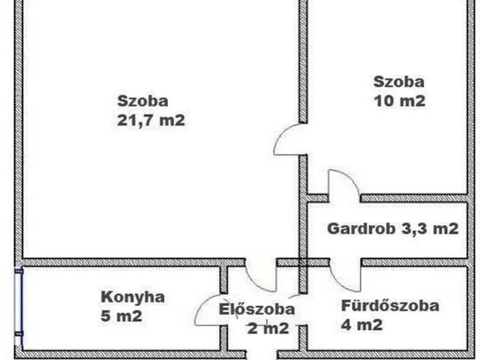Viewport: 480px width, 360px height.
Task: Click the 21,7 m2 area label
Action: (x=151, y=120)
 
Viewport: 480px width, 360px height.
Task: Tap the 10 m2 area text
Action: (x=400, y=101)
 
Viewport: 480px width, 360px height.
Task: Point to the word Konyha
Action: (x=133, y=297)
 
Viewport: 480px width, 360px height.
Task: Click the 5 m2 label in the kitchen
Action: (x=121, y=316)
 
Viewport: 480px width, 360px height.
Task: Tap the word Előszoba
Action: (x=256, y=309)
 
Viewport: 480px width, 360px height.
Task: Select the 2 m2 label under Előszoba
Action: (x=268, y=328)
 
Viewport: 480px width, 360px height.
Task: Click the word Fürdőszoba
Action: (x=390, y=305)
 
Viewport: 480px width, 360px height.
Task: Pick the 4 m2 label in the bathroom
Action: (x=361, y=325)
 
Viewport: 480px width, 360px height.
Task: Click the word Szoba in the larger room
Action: (x=142, y=101)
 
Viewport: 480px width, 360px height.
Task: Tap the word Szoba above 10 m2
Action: (x=399, y=82)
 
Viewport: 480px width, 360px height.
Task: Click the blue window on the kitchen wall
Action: (x=19, y=307)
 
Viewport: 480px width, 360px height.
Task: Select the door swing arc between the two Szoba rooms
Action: (x=279, y=135)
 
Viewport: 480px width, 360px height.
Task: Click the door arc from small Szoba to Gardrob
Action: (x=352, y=178)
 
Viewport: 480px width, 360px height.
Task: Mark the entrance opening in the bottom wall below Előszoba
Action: (x=262, y=354)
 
